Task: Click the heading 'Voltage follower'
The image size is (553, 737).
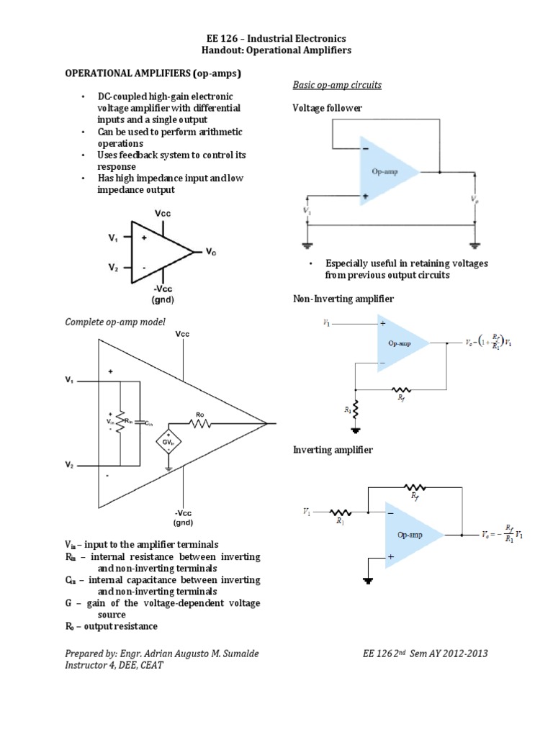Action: coord(327,108)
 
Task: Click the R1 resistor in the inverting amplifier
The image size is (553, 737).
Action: coord(340,513)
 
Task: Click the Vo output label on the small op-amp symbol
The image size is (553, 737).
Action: coord(210,253)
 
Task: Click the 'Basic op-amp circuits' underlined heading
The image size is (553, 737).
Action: coord(336,85)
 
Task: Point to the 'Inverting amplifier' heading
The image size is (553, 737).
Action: coord(333,450)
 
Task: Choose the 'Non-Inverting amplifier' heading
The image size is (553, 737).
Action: coord(343,298)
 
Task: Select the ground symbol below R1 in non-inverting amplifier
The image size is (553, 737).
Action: coord(354,431)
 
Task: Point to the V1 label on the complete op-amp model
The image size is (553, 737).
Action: coord(69,379)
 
